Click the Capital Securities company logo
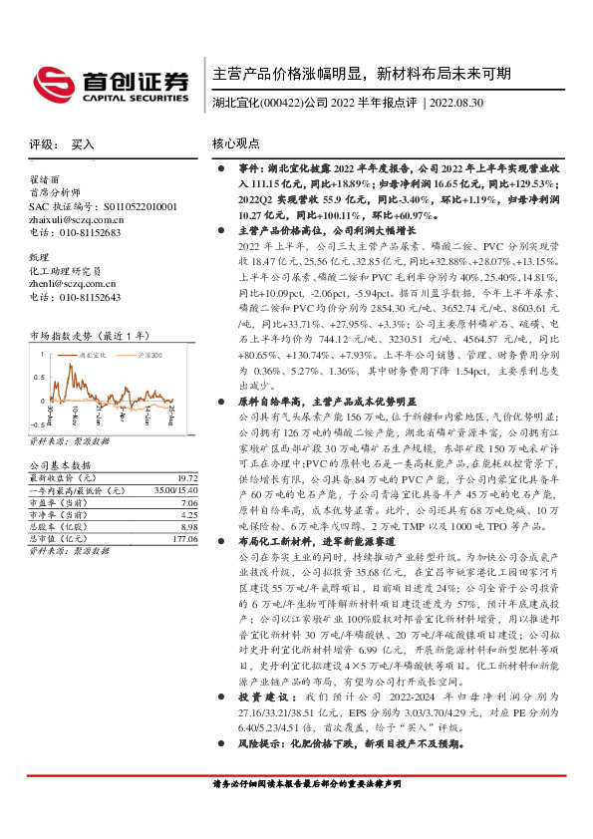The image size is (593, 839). click(112, 83)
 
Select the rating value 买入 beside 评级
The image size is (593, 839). click(84, 143)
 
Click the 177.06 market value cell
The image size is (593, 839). click(186, 540)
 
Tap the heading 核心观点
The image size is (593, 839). click(235, 143)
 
